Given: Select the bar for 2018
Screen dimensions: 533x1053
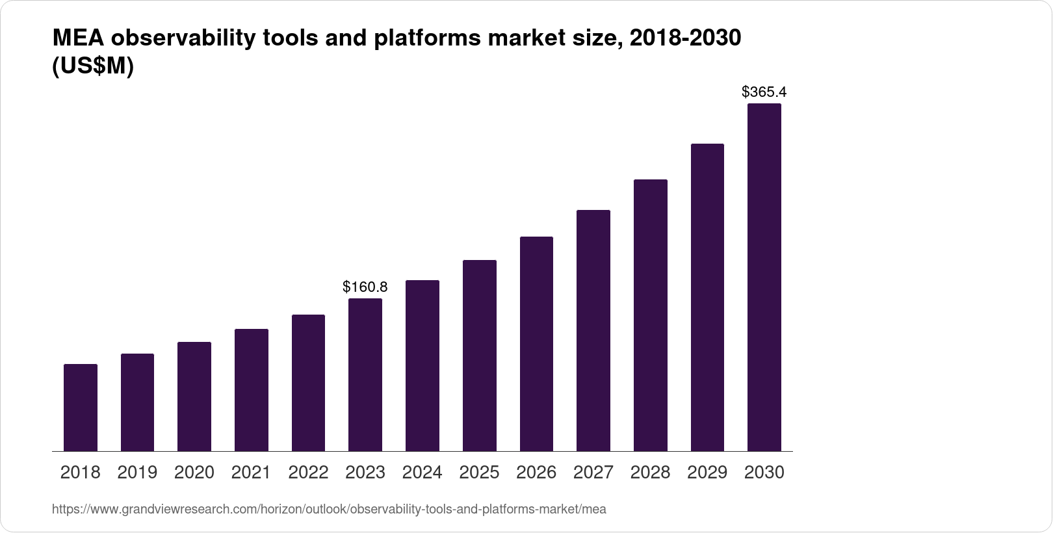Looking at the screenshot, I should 81,408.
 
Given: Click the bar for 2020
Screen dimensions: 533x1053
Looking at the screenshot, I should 194,396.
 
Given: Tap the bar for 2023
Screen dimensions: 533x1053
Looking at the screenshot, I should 365,374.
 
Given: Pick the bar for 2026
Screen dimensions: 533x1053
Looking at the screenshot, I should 536,344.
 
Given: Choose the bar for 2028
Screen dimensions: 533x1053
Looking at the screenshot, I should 650,315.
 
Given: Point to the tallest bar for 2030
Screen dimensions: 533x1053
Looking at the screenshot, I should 764,277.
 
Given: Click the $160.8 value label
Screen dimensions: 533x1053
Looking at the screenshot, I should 365,287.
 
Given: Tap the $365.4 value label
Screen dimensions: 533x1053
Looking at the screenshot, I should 764,92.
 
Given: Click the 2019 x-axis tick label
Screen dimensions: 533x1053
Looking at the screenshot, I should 137,473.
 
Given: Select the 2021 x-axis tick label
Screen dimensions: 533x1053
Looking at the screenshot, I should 251,473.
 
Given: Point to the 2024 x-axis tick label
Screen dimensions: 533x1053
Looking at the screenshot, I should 422,473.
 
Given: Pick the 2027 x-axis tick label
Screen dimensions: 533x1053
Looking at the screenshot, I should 593,473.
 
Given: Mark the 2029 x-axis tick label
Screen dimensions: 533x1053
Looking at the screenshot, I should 707,473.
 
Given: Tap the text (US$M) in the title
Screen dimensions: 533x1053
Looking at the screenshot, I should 93,66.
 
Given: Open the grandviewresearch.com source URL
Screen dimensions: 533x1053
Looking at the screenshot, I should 329,510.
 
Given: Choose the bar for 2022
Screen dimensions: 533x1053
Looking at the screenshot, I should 308,383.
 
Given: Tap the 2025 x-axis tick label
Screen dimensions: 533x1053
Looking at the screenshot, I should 479,473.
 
